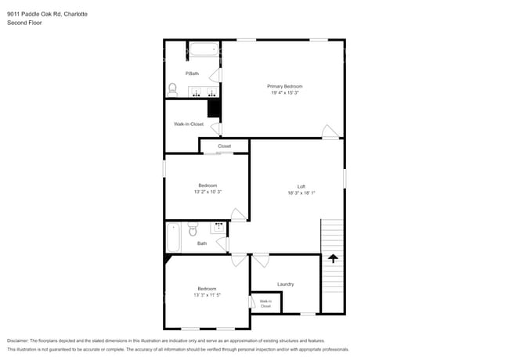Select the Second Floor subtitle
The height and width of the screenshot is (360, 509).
pyautogui.click(x=25, y=23)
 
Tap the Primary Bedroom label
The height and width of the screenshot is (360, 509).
pyautogui.click(x=284, y=86)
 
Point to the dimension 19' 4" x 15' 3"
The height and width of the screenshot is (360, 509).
pyautogui.click(x=284, y=93)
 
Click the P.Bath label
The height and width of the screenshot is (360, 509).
pyautogui.click(x=191, y=74)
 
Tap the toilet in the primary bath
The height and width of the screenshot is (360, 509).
pyautogui.click(x=172, y=90)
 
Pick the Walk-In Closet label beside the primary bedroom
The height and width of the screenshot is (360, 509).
pyautogui.click(x=189, y=124)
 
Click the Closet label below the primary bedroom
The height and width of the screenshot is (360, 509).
pyautogui.click(x=225, y=146)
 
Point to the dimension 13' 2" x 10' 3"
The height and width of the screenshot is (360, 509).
pyautogui.click(x=208, y=192)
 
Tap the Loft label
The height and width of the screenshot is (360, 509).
pyautogui.click(x=301, y=186)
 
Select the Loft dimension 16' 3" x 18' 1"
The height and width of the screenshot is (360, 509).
pyautogui.click(x=301, y=193)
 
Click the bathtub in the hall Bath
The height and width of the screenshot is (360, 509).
pyautogui.click(x=174, y=237)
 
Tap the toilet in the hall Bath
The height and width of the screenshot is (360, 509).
pyautogui.click(x=193, y=230)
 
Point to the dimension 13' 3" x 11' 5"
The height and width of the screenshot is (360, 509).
pyautogui.click(x=208, y=295)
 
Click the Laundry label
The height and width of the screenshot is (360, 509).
pyautogui.click(x=285, y=284)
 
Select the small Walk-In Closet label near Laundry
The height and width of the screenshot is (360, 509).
pyautogui.click(x=265, y=304)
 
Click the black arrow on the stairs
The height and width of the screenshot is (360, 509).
pyautogui.click(x=333, y=258)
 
